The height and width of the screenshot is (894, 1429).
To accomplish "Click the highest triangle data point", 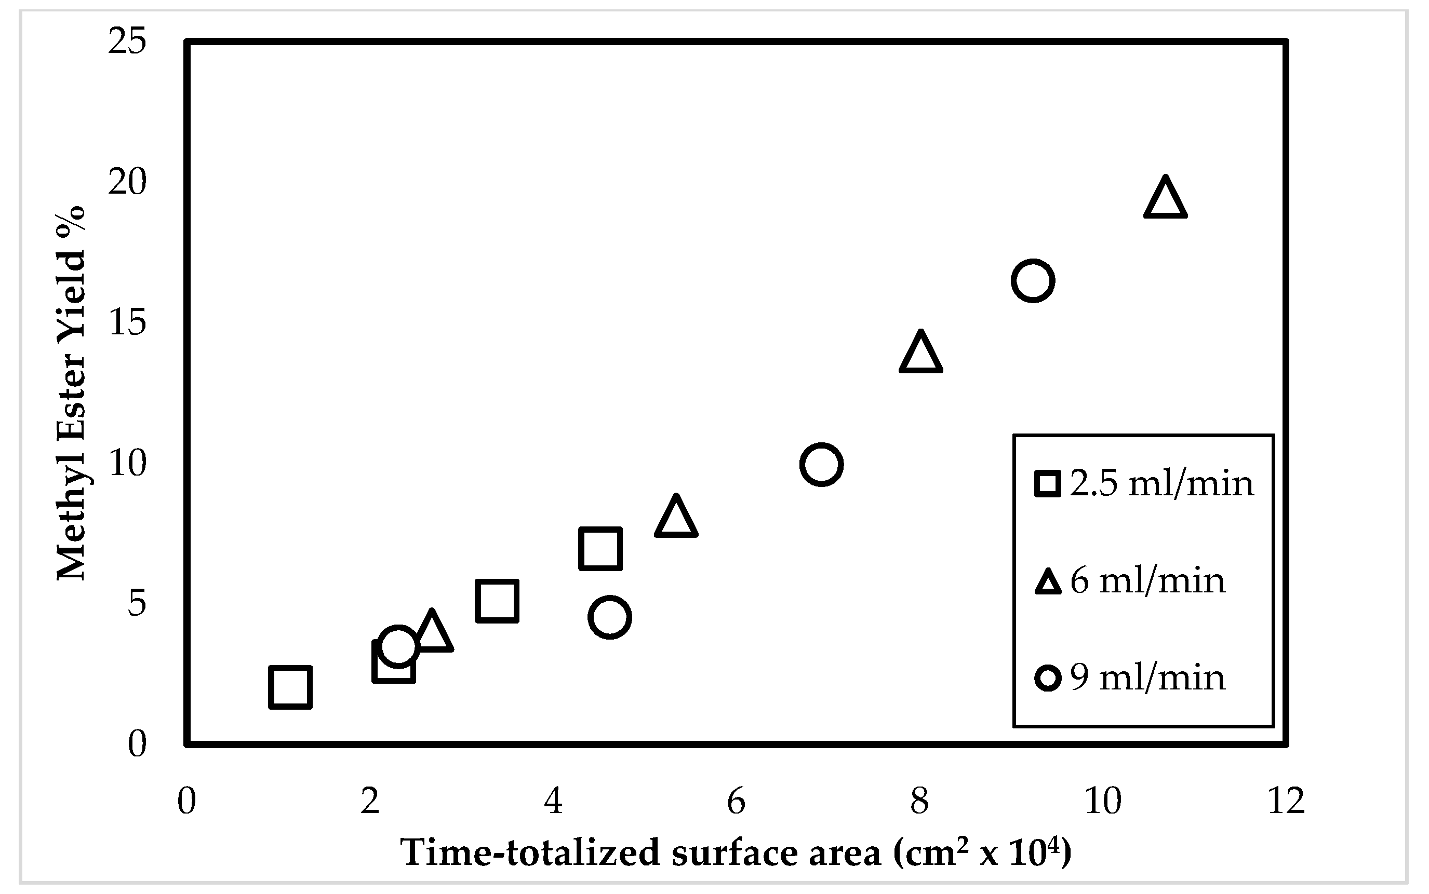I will tap(1165, 200).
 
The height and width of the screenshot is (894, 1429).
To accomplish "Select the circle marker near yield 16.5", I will tap(1033, 280).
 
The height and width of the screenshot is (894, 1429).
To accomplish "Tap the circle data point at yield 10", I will tap(821, 464).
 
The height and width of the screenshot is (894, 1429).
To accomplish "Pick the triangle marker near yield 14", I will tap(920, 354).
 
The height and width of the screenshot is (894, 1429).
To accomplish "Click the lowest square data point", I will tap(290, 687).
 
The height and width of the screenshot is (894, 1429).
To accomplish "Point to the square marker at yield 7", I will tap(600, 548).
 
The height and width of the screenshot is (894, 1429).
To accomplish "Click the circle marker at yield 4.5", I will tap(610, 617).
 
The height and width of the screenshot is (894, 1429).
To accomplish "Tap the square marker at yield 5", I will tap(497, 601).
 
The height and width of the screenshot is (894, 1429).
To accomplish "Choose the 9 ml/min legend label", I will tap(1147, 677).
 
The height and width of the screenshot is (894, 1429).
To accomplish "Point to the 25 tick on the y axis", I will tap(127, 43).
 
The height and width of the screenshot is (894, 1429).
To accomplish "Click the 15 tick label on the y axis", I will tap(127, 323).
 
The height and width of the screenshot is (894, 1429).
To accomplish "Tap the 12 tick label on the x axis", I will tap(1286, 802).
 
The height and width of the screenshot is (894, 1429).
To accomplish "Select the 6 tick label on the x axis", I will tap(737, 802).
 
